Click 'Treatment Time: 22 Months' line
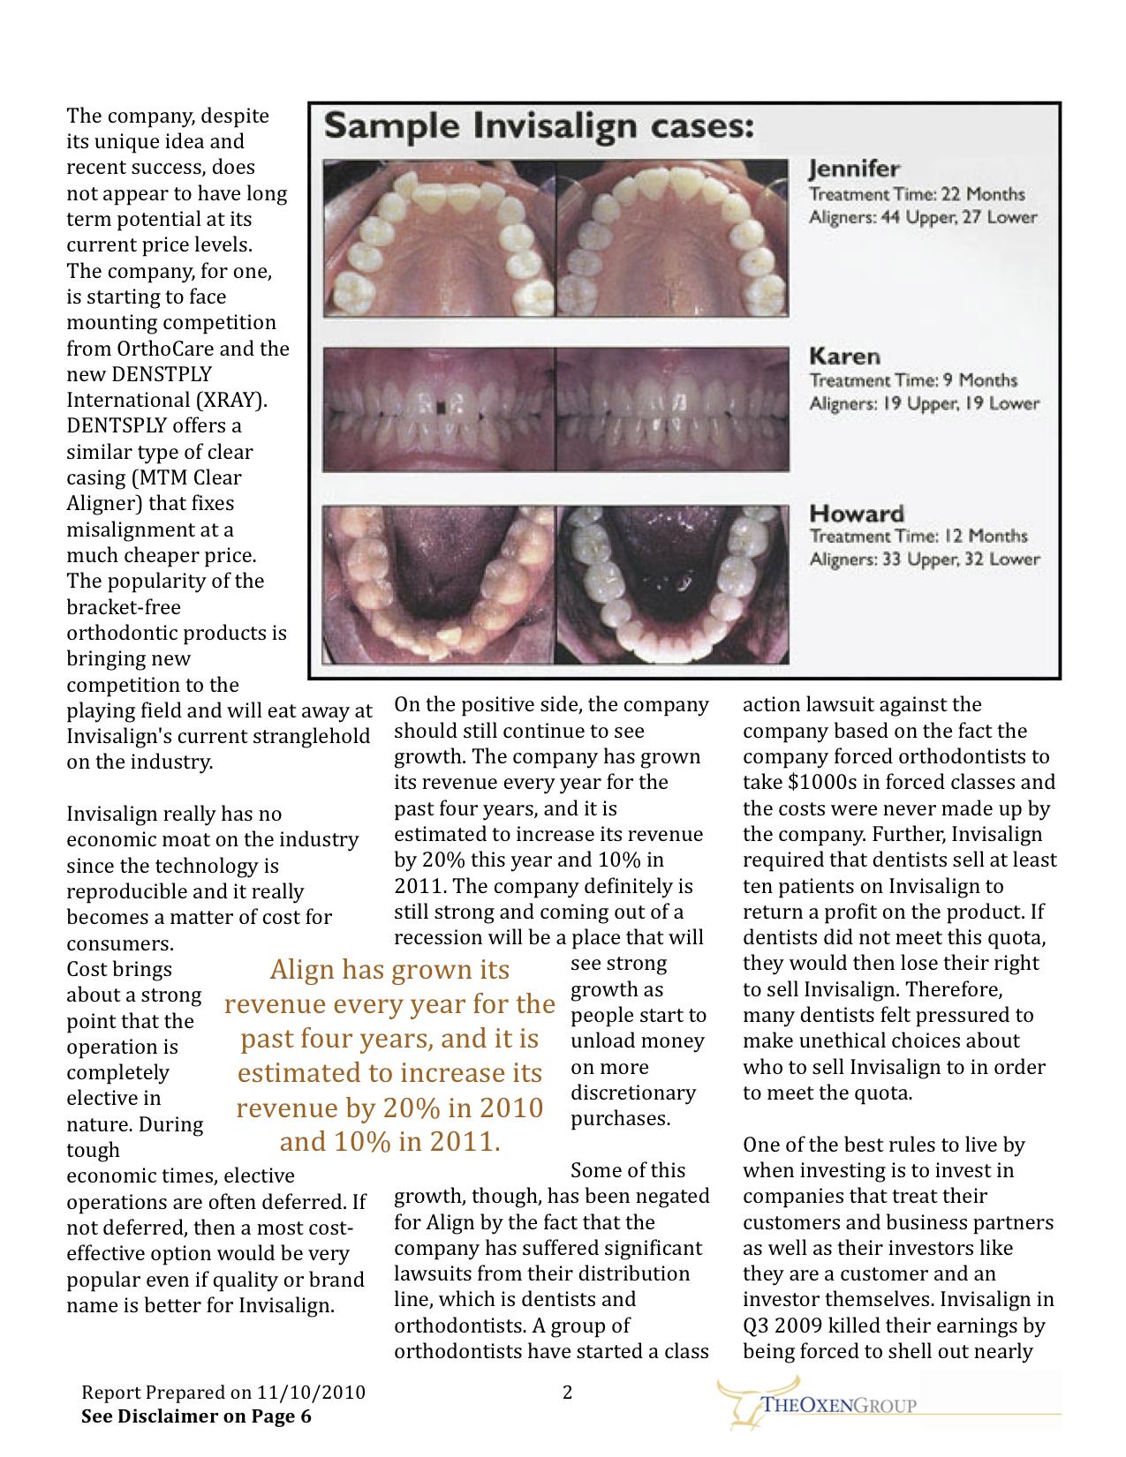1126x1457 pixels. [917, 194]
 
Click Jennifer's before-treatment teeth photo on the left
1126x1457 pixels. [439, 238]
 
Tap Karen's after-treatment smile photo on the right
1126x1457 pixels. [672, 409]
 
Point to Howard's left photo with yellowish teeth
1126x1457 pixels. [439, 584]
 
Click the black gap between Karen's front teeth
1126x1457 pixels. [441, 407]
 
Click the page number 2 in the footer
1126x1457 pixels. [568, 1393]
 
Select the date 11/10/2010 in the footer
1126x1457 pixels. [311, 1393]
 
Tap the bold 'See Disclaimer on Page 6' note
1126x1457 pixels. [196, 1416]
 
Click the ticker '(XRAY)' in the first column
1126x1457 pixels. [232, 400]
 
